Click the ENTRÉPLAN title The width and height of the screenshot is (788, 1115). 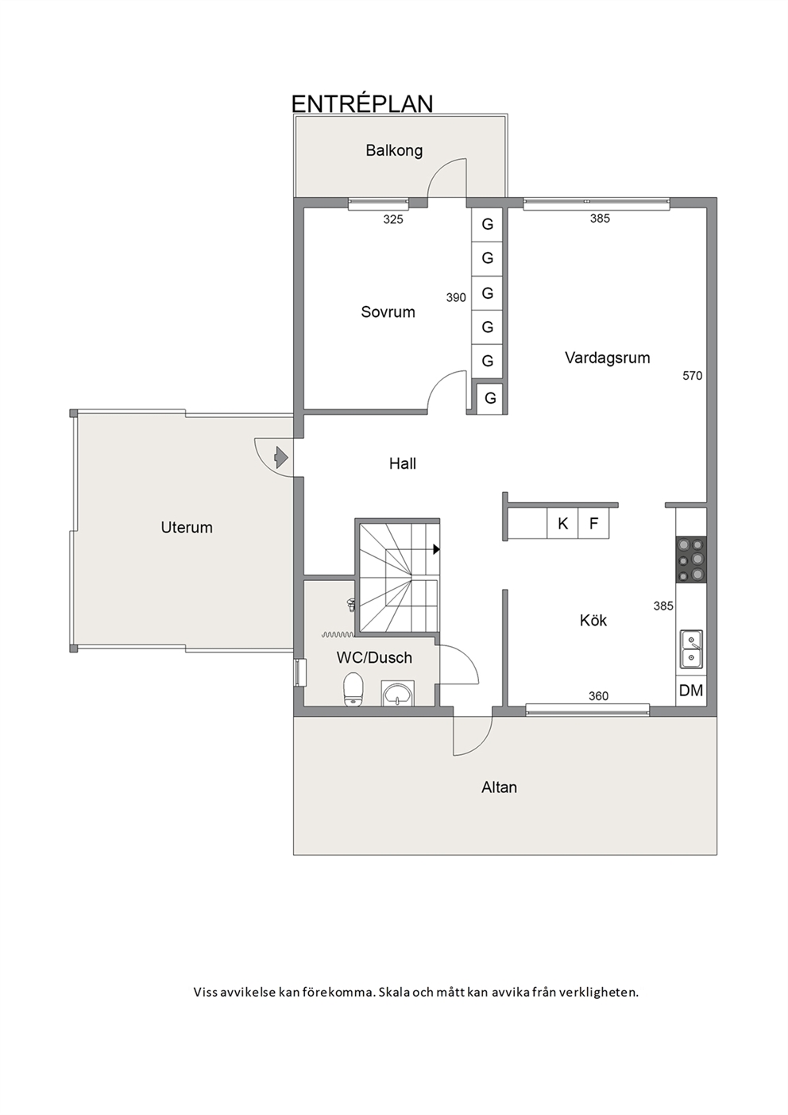(361, 103)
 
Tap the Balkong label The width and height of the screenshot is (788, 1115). (394, 151)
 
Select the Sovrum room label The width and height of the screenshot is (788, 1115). (388, 312)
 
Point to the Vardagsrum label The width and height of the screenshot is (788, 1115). (608, 358)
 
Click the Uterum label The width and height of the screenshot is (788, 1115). (187, 528)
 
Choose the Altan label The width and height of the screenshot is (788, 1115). (499, 788)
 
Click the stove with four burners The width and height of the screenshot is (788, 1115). (691, 560)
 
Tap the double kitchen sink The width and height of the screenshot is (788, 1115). (692, 649)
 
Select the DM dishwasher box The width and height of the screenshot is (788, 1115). (691, 691)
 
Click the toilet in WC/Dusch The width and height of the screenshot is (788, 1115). (353, 689)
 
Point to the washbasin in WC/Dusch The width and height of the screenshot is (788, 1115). (397, 693)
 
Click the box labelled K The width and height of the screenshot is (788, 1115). (562, 523)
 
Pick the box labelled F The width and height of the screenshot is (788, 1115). (593, 523)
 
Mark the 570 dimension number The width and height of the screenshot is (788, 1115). (693, 376)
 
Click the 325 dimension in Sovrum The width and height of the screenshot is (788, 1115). (393, 219)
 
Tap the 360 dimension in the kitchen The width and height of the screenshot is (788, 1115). (598, 696)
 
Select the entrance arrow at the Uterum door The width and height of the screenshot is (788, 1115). (281, 457)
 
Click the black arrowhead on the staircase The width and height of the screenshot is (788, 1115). (436, 549)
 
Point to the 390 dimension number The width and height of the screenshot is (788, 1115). (456, 298)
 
